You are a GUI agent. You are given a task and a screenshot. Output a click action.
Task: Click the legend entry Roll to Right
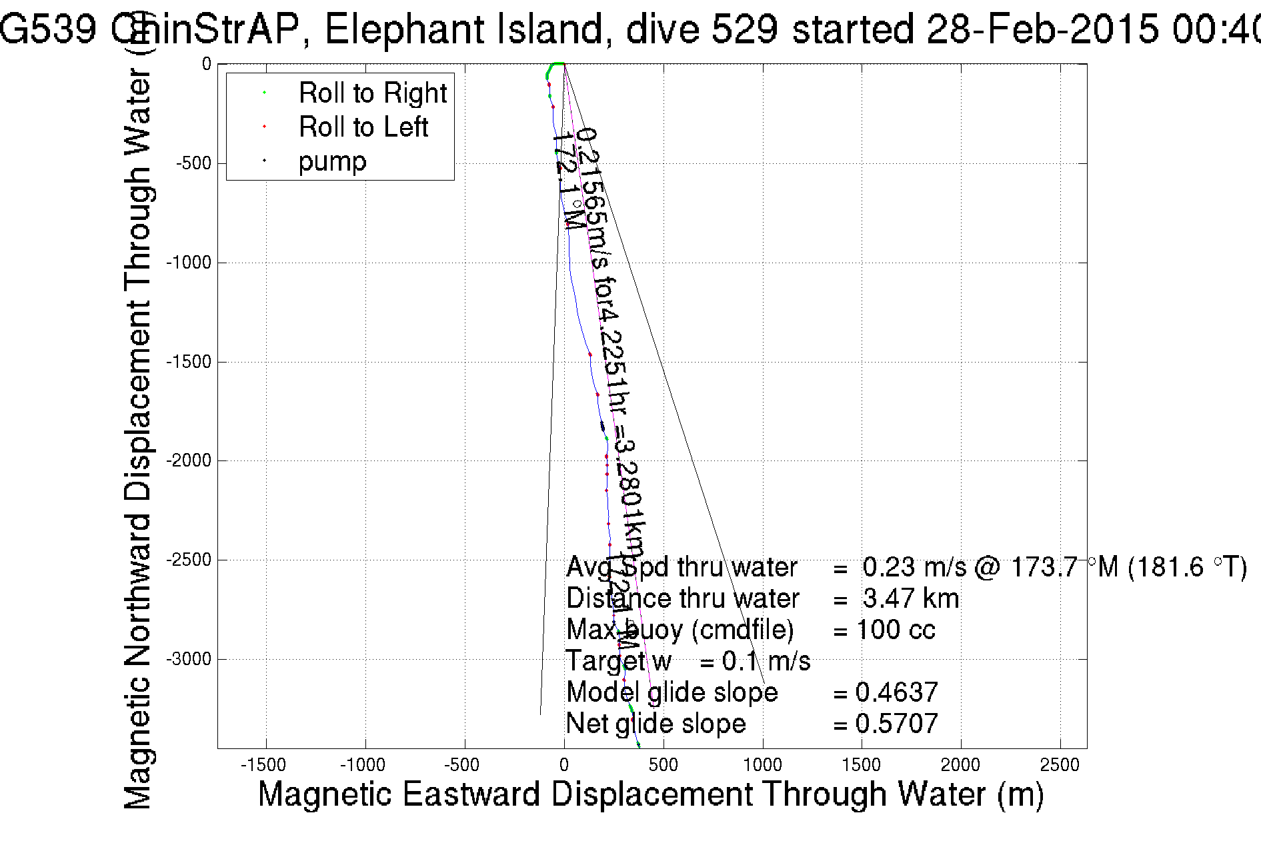[x=372, y=93]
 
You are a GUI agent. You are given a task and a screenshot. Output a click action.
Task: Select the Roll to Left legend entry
[x=363, y=127]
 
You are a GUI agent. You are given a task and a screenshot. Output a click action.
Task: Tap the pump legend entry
[x=332, y=162]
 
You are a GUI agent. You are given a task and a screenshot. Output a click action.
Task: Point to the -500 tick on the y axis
[x=193, y=164]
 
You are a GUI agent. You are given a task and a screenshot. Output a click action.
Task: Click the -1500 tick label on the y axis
[x=188, y=362]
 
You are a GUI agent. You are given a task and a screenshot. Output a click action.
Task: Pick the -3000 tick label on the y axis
[x=188, y=659]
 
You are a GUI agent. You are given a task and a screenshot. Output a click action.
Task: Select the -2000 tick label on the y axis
[x=188, y=461]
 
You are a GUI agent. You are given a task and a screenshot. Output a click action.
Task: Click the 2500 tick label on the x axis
[x=1060, y=765]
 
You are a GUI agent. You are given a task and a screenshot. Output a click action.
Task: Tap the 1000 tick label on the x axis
[x=762, y=765]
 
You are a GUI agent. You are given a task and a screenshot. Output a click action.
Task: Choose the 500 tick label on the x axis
[x=663, y=765]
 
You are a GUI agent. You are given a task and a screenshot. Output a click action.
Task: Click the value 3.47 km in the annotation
[x=910, y=598]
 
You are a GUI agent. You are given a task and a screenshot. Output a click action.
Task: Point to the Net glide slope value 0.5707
[x=896, y=724]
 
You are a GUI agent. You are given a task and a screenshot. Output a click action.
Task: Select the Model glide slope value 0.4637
[x=896, y=692]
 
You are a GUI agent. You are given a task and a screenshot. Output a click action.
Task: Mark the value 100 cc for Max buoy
[x=896, y=630]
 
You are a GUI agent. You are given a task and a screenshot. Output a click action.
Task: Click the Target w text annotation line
[x=688, y=661]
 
